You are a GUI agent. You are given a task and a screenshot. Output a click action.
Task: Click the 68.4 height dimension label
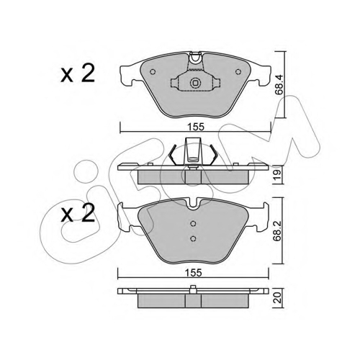tap(279, 85)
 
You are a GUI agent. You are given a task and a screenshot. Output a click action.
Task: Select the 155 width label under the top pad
tap(196, 127)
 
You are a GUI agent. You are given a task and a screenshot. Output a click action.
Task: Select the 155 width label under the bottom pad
tap(194, 273)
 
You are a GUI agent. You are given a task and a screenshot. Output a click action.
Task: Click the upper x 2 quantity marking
tap(78, 73)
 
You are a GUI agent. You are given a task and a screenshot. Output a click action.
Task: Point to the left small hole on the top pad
tap(153, 72)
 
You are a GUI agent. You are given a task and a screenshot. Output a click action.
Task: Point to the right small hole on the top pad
tap(238, 71)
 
